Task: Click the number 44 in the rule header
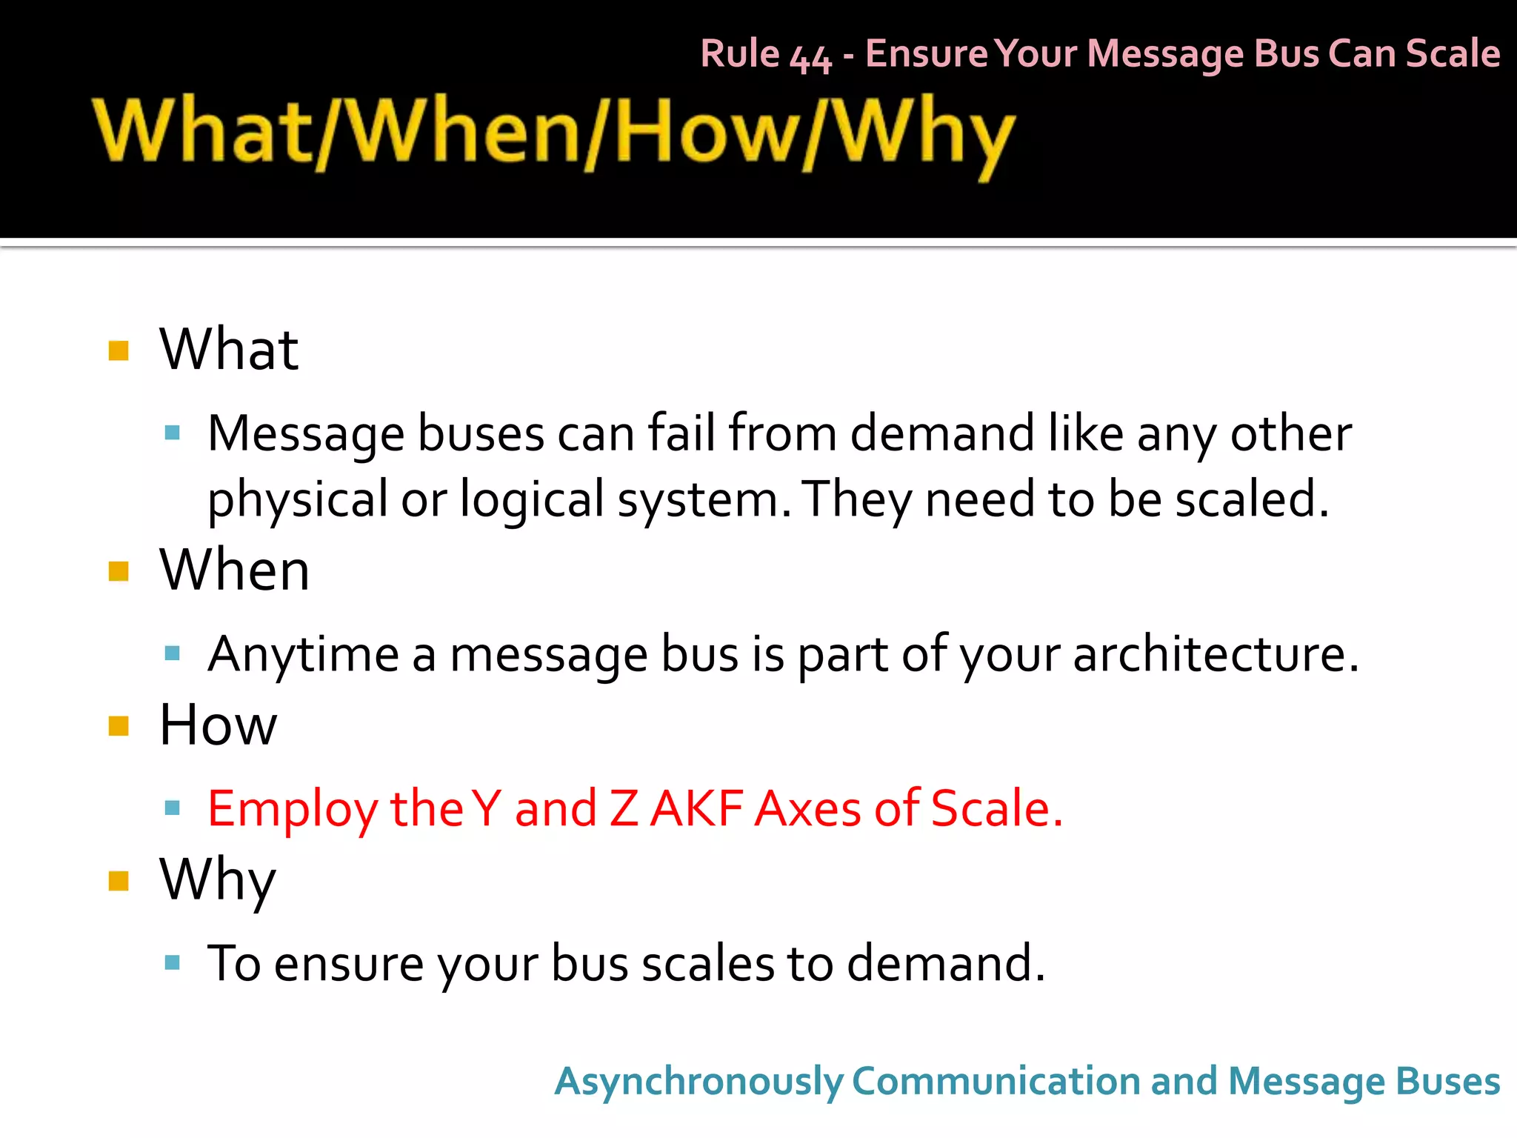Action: [810, 56]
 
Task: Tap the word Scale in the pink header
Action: [1453, 53]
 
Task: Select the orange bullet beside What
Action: [119, 350]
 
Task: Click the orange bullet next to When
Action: [119, 571]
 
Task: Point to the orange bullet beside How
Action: [119, 725]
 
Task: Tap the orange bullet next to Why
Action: [119, 880]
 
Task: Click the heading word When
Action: [234, 570]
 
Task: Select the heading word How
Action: [218, 725]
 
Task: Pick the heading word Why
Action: [218, 880]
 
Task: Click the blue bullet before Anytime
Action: [173, 653]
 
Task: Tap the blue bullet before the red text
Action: [173, 808]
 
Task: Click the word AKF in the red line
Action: [696, 808]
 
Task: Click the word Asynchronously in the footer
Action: [698, 1082]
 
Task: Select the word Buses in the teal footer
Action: [1447, 1082]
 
